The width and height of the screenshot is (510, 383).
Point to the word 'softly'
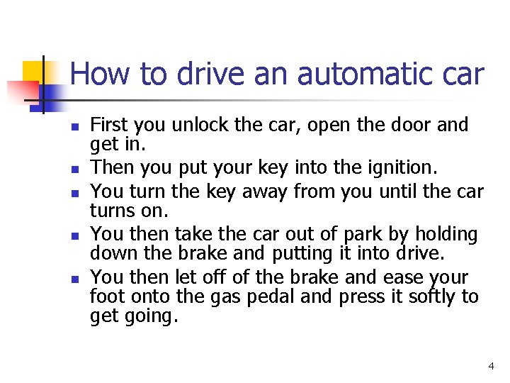[x=432, y=296]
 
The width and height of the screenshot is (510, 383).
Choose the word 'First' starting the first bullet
[x=109, y=125]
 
